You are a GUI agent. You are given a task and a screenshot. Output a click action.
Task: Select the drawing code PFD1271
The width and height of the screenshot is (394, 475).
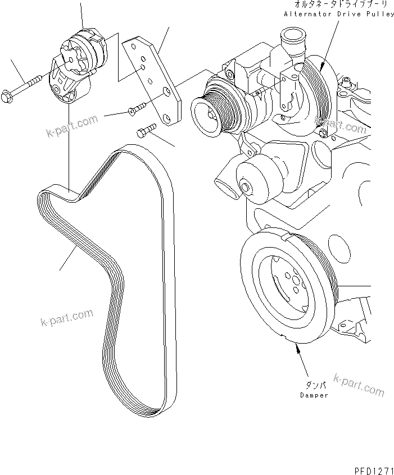[370, 468]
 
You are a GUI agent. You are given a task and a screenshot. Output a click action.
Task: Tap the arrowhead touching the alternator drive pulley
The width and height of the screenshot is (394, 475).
[321, 66]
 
